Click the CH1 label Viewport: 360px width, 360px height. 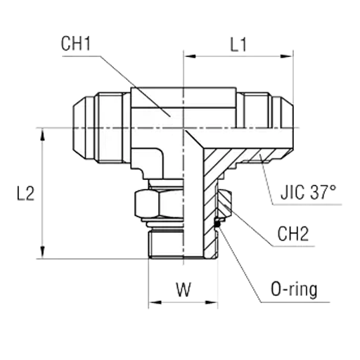point(76,44)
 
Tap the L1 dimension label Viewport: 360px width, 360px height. point(238,44)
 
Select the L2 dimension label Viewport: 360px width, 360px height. point(26,194)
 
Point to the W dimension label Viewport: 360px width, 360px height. point(184,290)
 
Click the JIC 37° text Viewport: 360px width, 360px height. point(309,192)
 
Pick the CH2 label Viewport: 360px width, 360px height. point(293,233)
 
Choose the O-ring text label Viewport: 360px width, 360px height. point(294,290)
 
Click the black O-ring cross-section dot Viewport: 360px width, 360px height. point(217,224)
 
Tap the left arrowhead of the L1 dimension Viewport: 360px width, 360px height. point(189,56)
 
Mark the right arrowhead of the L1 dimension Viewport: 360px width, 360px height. point(287,56)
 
